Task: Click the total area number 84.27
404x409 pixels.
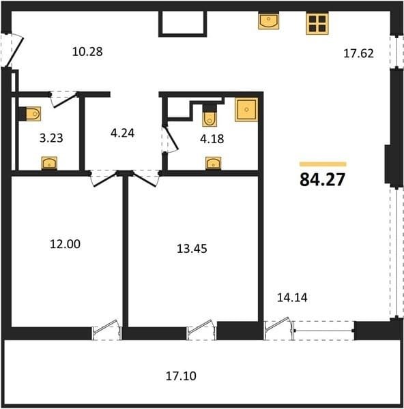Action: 323,179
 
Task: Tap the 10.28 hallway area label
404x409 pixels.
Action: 87,52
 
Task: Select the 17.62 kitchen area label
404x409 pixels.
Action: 358,53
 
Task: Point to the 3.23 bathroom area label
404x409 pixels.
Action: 51,138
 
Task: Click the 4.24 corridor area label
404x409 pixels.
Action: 122,134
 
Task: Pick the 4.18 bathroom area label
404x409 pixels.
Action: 212,139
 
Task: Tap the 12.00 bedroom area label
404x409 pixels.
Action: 65,244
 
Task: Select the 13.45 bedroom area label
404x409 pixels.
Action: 192,249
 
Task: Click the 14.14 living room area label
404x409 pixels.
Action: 292,298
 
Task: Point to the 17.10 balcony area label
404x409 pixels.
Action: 181,376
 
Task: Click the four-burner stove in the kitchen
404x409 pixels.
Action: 317,23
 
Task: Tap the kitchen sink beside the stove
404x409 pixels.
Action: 269,21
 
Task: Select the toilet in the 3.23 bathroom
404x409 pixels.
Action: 30,114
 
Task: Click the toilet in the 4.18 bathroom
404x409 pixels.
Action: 210,115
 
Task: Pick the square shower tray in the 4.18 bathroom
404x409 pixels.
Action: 246,110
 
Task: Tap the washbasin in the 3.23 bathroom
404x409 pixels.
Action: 49,163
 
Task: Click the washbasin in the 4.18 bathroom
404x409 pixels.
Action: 214,164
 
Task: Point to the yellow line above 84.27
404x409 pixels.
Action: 323,164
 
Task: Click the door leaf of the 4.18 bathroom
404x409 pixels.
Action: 171,138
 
